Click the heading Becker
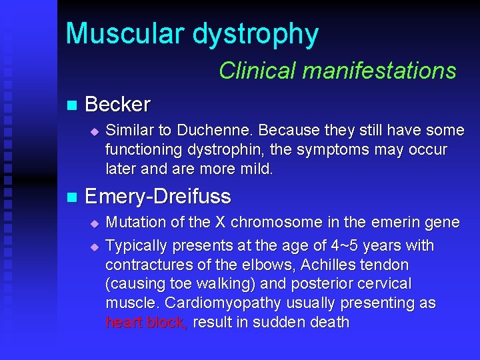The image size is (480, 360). click(118, 105)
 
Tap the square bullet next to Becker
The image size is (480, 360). click(72, 105)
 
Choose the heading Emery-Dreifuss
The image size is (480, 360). click(158, 197)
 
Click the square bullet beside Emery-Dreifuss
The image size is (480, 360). click(72, 197)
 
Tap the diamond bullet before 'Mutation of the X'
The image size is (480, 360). click(94, 223)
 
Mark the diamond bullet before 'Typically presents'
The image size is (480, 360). click(94, 246)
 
